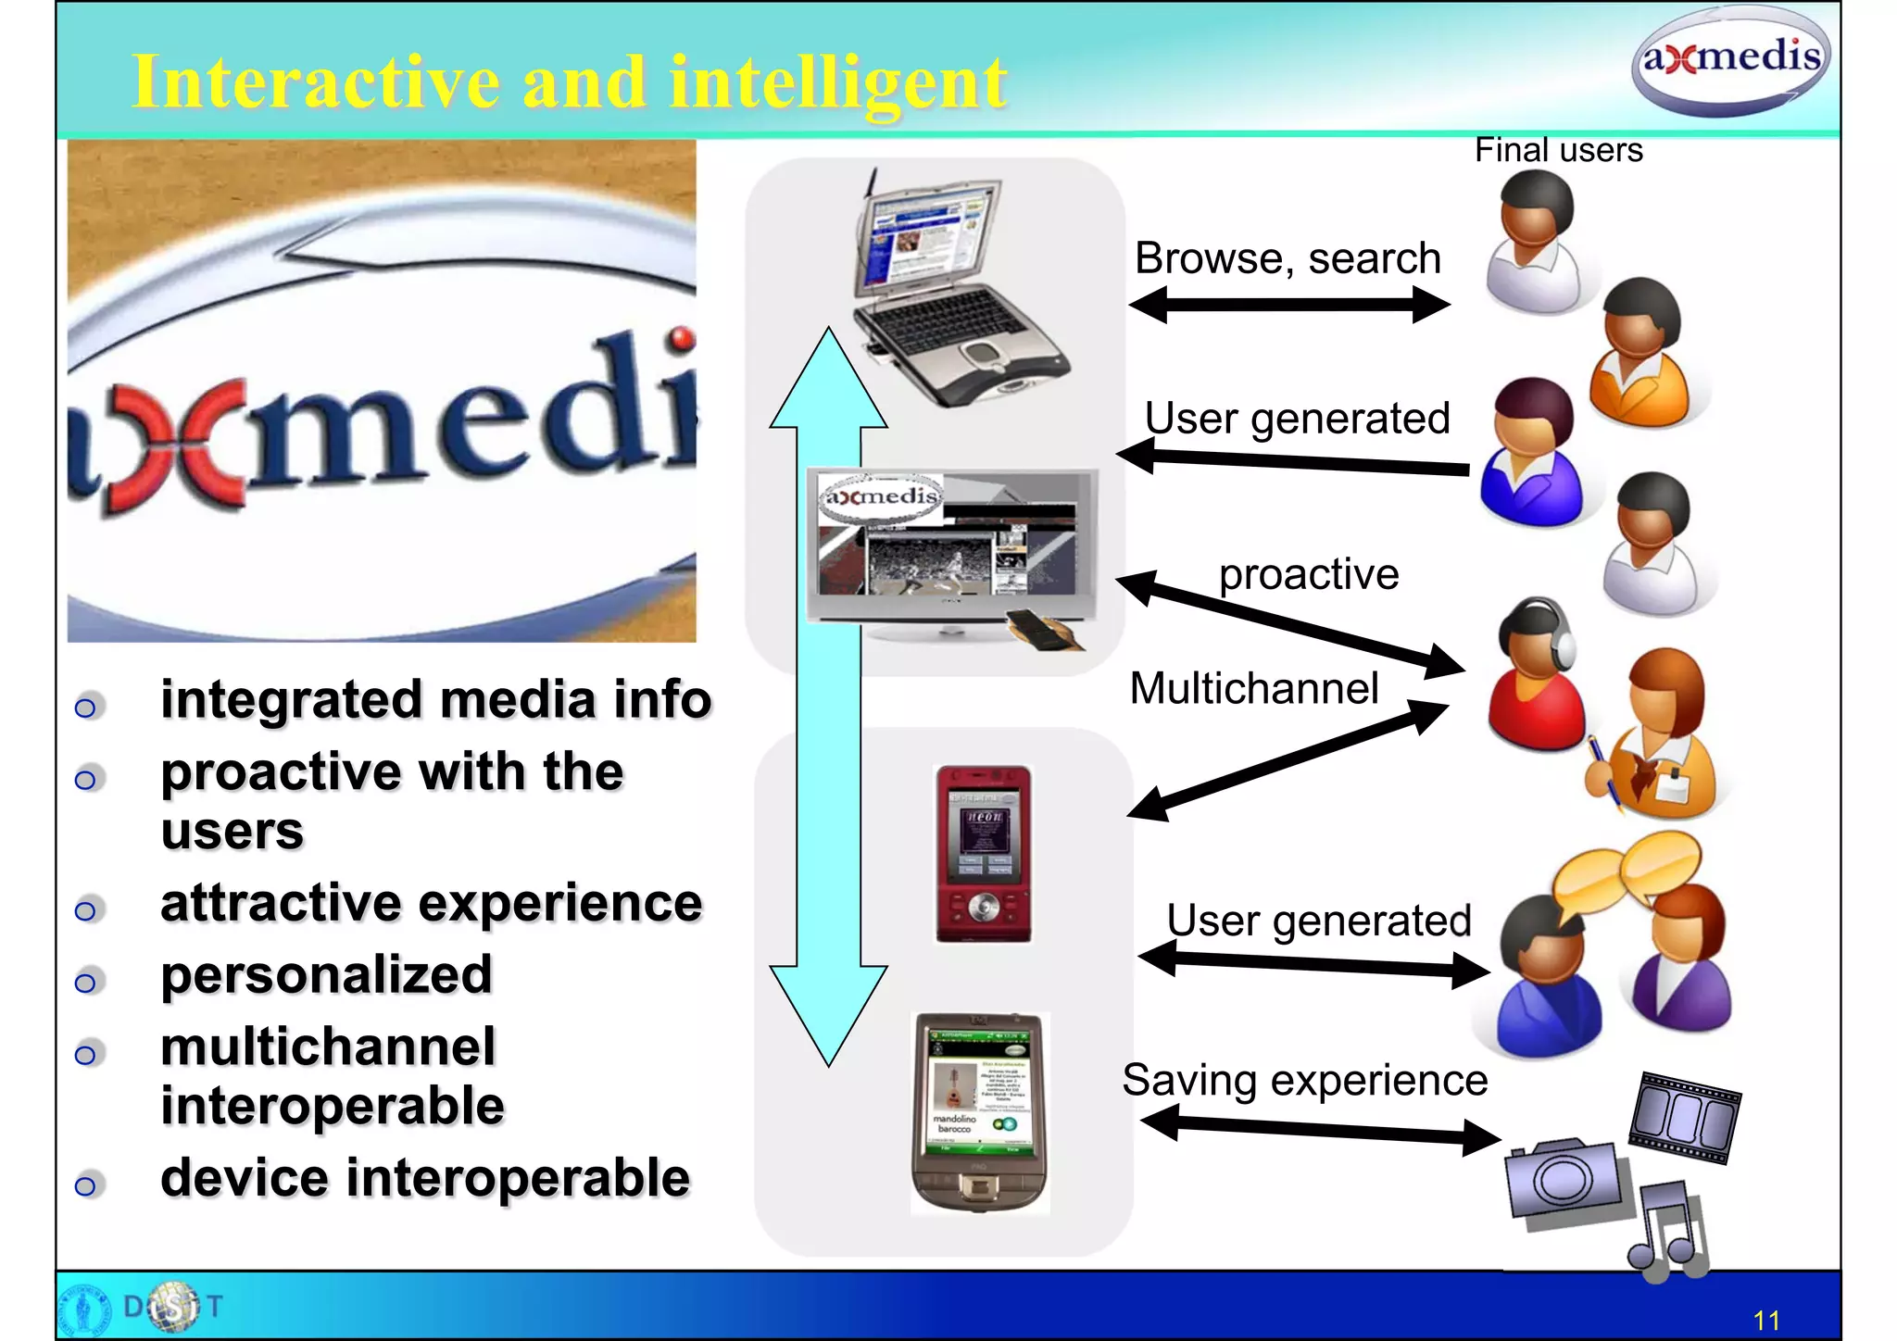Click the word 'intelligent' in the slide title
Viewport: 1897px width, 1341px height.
[x=837, y=83]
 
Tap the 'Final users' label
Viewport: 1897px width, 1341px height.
[x=1558, y=150]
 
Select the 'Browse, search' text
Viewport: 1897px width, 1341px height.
[x=1288, y=258]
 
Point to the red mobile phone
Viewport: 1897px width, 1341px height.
[x=983, y=854]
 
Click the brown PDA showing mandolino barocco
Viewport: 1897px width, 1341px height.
[x=980, y=1111]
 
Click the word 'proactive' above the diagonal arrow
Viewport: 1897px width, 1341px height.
[x=1308, y=574]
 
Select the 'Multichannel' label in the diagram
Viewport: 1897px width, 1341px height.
[x=1254, y=689]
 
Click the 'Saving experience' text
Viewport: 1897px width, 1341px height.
[x=1304, y=1081]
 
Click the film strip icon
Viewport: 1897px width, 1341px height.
[x=1686, y=1117]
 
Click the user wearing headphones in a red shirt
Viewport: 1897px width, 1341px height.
[x=1534, y=676]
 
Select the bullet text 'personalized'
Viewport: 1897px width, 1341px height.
[x=326, y=975]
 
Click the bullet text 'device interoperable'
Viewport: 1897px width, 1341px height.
[x=425, y=1179]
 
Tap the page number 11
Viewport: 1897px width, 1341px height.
[x=1766, y=1320]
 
